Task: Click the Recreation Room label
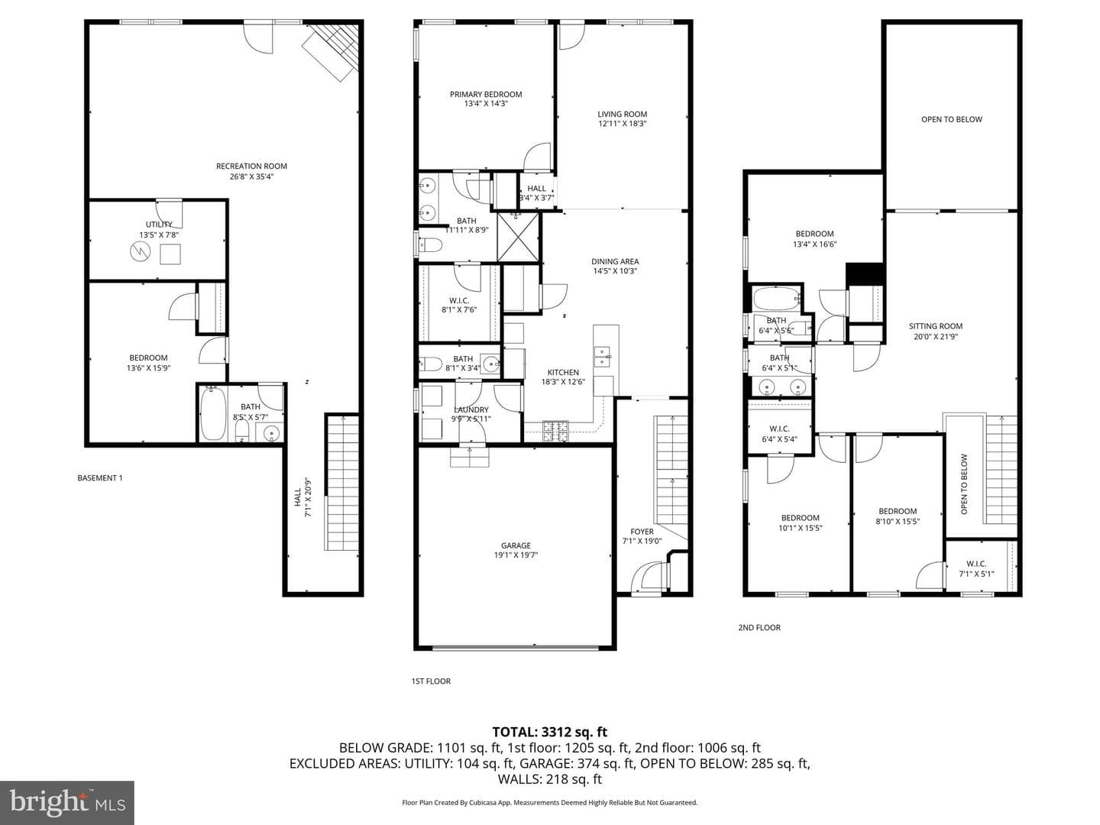(251, 167)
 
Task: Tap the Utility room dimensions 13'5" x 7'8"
(159, 235)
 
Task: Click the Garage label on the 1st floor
(516, 545)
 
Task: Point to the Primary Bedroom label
(486, 94)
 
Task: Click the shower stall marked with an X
(518, 237)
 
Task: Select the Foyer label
(642, 532)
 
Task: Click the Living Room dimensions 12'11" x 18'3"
(623, 124)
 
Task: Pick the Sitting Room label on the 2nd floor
(936, 326)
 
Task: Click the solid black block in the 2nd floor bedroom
(865, 273)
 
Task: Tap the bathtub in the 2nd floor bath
(776, 299)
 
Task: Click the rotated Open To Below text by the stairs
(964, 484)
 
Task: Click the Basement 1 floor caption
(100, 478)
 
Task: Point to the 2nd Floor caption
(759, 627)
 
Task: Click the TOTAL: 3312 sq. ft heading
(550, 732)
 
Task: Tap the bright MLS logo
(67, 802)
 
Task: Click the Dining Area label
(615, 261)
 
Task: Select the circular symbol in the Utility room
(141, 251)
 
